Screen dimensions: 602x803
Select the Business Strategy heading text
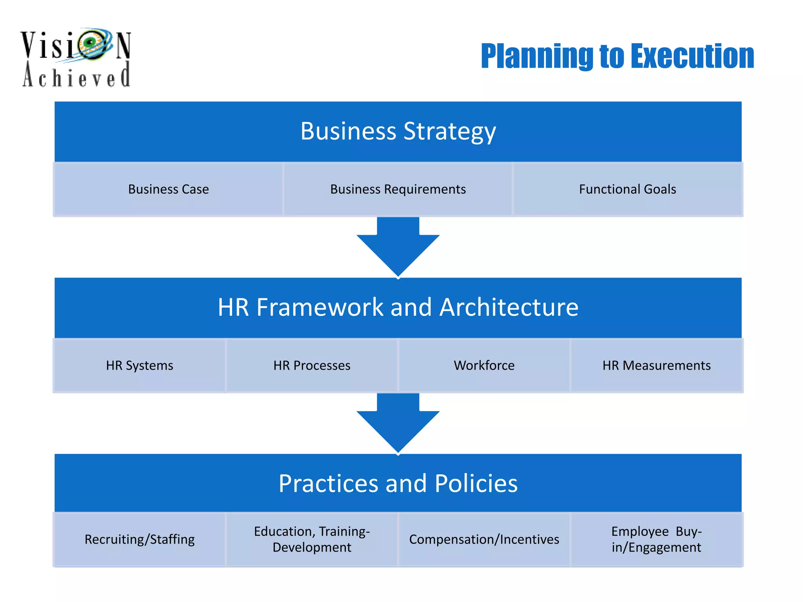pyautogui.click(x=398, y=131)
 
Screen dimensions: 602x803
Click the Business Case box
pyautogui.click(x=168, y=189)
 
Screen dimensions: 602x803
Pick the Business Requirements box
pyautogui.click(x=398, y=189)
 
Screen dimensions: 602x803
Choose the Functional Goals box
pyautogui.click(x=627, y=189)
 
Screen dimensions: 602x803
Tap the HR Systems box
pyautogui.click(x=140, y=365)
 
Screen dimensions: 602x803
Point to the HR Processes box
pyautogui.click(x=312, y=365)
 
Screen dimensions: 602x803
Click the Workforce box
pyautogui.click(x=484, y=365)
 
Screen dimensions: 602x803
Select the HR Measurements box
pyautogui.click(x=656, y=365)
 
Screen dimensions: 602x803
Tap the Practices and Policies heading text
pyautogui.click(x=398, y=483)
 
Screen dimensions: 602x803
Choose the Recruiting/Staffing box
pyautogui.click(x=140, y=539)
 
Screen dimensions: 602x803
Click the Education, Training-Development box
pyautogui.click(x=312, y=539)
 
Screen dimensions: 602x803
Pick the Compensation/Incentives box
pyautogui.click(x=484, y=539)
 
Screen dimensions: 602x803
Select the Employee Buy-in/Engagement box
pyautogui.click(x=656, y=539)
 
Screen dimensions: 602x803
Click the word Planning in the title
pyautogui.click(x=537, y=56)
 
